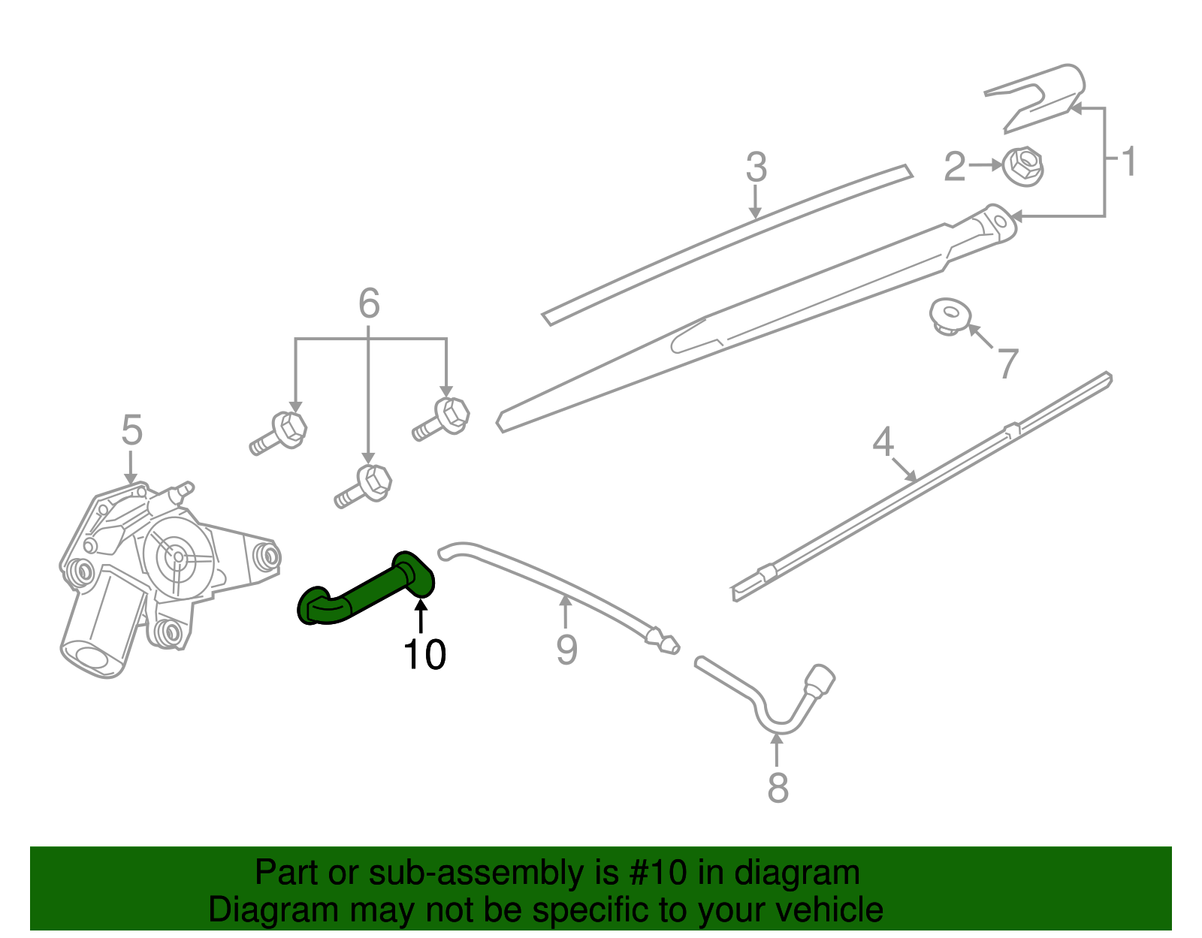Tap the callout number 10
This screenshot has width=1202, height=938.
click(424, 655)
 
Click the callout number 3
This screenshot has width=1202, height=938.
click(756, 167)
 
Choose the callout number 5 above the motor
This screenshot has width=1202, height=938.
click(131, 431)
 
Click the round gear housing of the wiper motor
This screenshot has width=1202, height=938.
click(178, 556)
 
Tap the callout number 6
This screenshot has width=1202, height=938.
click(369, 304)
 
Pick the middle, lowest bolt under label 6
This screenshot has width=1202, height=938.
click(366, 485)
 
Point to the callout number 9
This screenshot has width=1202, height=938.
click(566, 650)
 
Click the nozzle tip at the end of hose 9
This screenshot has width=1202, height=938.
click(664, 642)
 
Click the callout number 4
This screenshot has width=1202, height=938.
click(883, 442)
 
